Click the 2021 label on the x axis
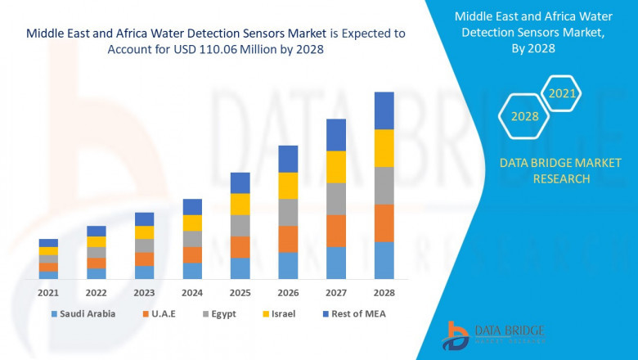point(48,292)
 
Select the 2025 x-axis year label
point(240,292)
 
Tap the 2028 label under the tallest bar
point(384,292)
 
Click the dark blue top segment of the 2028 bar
point(384,110)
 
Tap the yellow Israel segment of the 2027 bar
point(335,167)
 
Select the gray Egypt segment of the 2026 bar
point(288,212)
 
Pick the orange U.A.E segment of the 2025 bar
point(240,247)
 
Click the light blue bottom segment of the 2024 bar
point(192,271)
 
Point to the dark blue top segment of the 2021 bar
point(48,243)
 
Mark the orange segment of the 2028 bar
point(384,223)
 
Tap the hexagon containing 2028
point(524,117)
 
